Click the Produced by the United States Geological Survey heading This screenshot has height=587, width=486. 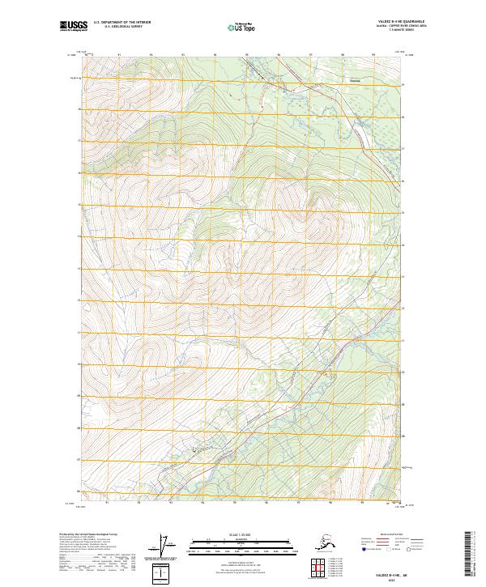[x=89, y=534]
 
